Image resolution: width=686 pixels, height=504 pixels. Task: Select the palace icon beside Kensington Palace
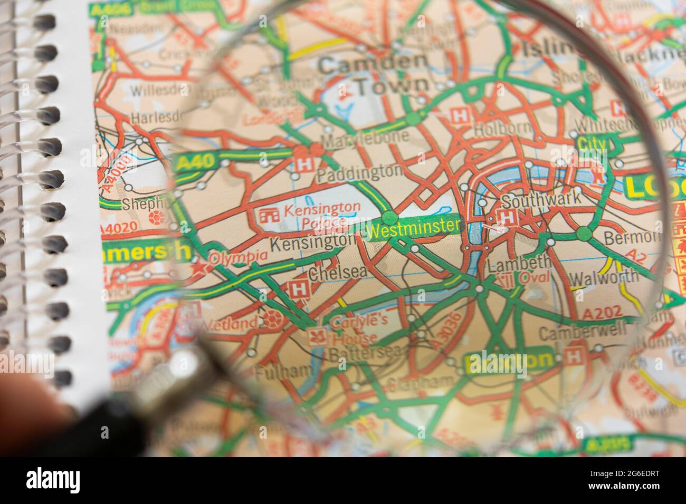[270, 215]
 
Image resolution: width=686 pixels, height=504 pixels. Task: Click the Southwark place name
[541, 200]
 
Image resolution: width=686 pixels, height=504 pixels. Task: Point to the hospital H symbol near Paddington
[303, 164]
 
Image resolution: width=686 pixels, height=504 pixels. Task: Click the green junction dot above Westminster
[389, 216]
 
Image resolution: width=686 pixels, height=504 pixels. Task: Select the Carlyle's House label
[352, 328]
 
